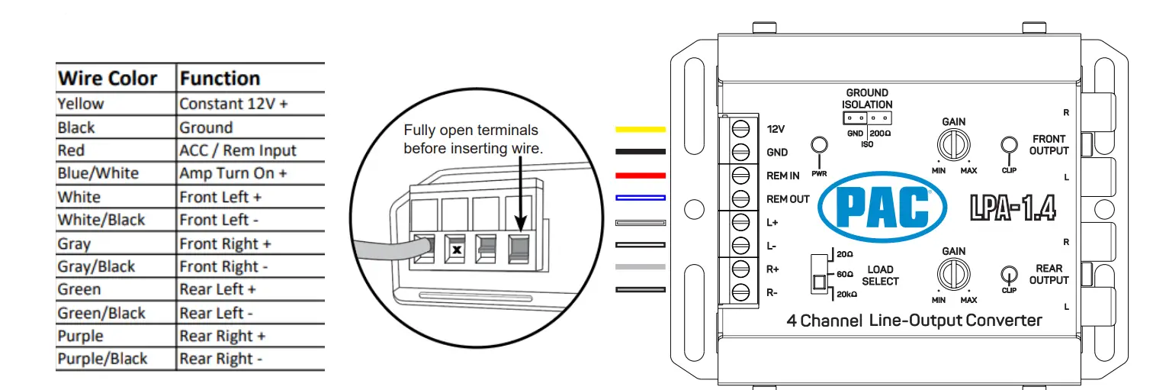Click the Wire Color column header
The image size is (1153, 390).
pyautogui.click(x=108, y=79)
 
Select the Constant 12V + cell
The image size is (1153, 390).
pyautogui.click(x=233, y=104)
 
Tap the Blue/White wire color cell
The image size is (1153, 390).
pyautogui.click(x=98, y=173)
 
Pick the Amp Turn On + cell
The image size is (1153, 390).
pyautogui.click(x=233, y=173)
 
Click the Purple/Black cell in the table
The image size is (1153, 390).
pyautogui.click(x=102, y=359)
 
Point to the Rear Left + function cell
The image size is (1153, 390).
pyautogui.click(x=217, y=289)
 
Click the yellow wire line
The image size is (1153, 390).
pyautogui.click(x=640, y=130)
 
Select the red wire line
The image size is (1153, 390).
pyautogui.click(x=640, y=176)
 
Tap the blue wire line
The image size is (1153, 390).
pyautogui.click(x=640, y=198)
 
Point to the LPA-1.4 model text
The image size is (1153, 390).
pyautogui.click(x=1012, y=208)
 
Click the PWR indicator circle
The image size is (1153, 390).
pyautogui.click(x=820, y=145)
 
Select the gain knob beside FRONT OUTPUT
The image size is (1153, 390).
pyautogui.click(x=953, y=143)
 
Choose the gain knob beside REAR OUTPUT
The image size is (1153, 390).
pyautogui.click(x=953, y=272)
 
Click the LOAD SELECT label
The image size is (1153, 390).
pyautogui.click(x=880, y=276)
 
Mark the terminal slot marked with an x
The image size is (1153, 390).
pyautogui.click(x=456, y=250)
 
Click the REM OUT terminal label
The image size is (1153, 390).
pyautogui.click(x=788, y=199)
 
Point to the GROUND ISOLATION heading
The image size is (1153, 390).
pyautogui.click(x=867, y=98)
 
